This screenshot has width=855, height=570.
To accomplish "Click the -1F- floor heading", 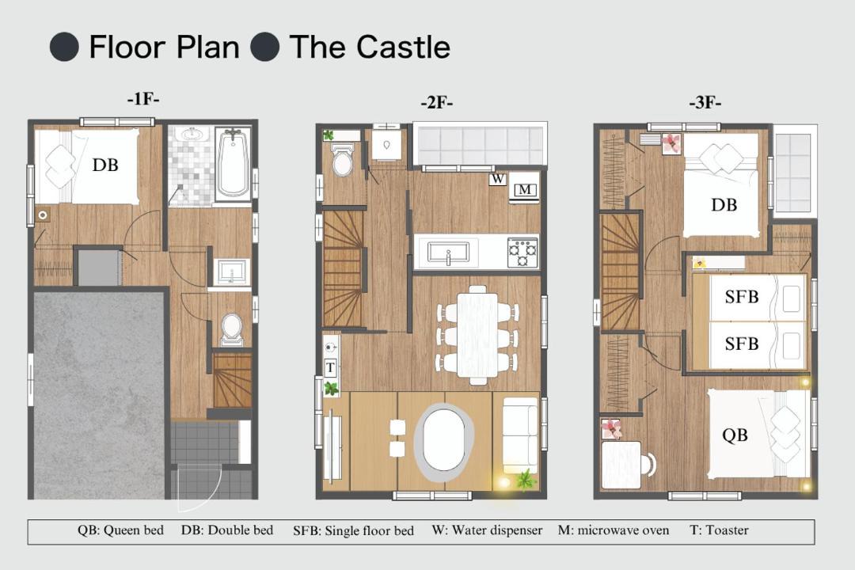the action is [x=142, y=99].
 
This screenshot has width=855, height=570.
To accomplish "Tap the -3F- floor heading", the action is [x=705, y=103].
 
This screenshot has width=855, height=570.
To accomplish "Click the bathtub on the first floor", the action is [x=233, y=163].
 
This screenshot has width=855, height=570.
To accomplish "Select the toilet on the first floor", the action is [x=232, y=329].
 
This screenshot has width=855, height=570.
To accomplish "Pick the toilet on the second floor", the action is [x=343, y=159].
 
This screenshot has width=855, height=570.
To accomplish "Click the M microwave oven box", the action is [x=525, y=190].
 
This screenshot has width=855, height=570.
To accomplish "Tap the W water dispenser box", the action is [x=497, y=179].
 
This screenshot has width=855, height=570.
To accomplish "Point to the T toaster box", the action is [x=330, y=367].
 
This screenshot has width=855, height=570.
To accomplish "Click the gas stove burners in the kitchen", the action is [x=522, y=253].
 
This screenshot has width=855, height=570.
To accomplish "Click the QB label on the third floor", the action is [x=735, y=435].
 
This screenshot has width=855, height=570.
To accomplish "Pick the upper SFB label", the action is [x=742, y=297].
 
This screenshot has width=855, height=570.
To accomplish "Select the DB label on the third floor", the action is [x=724, y=205].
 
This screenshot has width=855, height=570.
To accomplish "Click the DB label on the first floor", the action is [x=105, y=165].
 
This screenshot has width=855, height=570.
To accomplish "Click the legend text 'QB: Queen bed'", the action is [x=120, y=530].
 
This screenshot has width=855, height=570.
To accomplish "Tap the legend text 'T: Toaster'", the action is [x=719, y=530].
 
